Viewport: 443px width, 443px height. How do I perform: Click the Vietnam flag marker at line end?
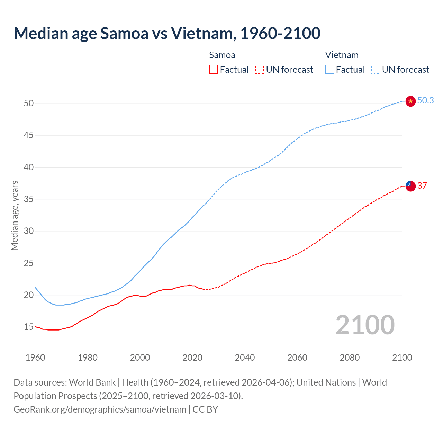(410, 101)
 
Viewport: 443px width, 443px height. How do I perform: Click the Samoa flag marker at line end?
(410, 186)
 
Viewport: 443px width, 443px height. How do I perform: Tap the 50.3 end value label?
(425, 100)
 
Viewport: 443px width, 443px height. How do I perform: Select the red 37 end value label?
(422, 186)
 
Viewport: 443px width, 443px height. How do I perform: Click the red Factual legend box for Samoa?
(214, 69)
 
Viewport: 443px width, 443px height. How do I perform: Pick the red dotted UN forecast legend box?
(260, 69)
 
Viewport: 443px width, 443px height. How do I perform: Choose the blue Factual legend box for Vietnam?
(329, 69)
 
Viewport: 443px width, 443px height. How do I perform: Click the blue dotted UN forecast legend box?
(376, 69)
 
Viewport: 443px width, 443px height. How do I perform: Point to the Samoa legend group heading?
(222, 55)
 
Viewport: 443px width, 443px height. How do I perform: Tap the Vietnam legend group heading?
(342, 55)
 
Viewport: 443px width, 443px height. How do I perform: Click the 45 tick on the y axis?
(29, 135)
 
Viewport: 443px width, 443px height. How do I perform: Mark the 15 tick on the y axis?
(29, 327)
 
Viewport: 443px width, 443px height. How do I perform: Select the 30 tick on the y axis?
(29, 231)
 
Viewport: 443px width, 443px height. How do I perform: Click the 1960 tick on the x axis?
(35, 358)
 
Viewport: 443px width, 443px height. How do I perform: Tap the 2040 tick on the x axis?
(245, 358)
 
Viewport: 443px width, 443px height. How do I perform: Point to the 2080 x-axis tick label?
(350, 358)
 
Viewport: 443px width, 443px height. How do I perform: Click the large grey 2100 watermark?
(365, 325)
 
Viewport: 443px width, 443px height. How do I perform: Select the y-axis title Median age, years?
(15, 215)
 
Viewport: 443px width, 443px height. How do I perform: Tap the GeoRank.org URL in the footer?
(100, 409)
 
